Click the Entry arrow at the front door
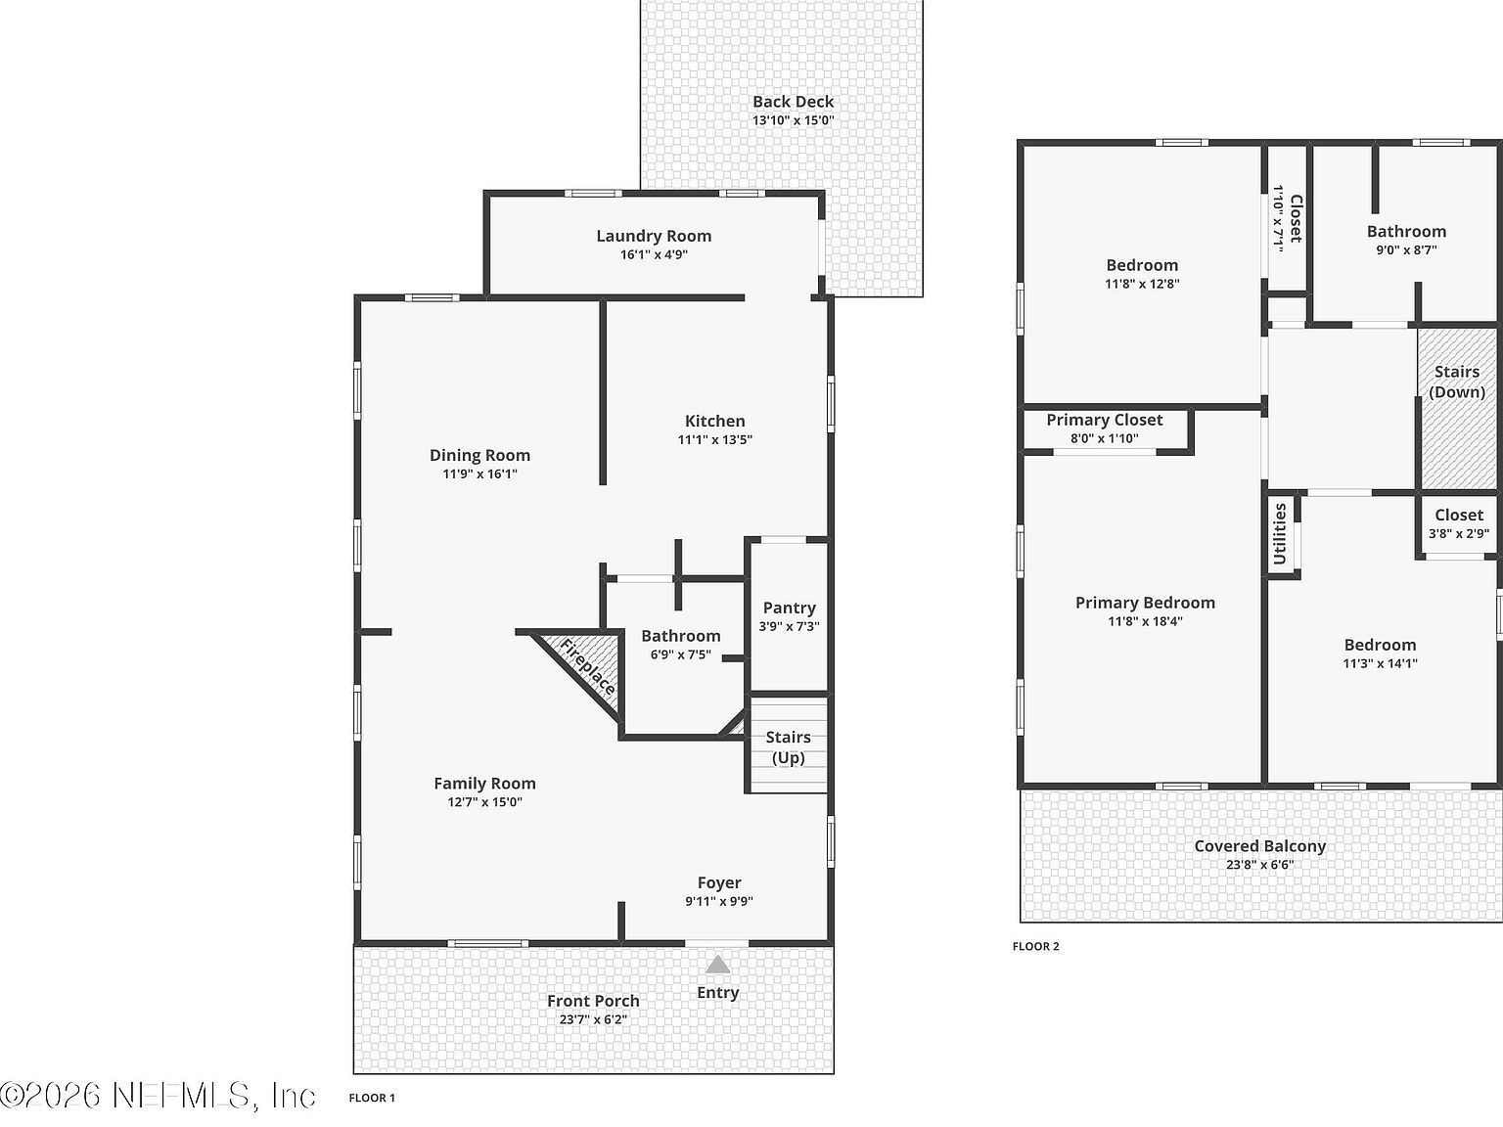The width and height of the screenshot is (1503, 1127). pyautogui.click(x=718, y=965)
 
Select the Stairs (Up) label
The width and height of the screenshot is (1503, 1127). pyautogui.click(x=788, y=747)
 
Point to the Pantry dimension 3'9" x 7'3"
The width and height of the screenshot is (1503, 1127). pyautogui.click(x=789, y=626)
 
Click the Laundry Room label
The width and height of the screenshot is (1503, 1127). pyautogui.click(x=654, y=236)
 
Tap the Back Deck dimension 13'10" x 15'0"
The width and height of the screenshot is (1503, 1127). pyautogui.click(x=793, y=120)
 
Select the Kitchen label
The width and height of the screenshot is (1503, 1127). pyautogui.click(x=714, y=421)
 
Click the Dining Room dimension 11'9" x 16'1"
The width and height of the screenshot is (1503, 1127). pyautogui.click(x=479, y=473)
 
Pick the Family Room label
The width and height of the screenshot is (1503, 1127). pyautogui.click(x=484, y=783)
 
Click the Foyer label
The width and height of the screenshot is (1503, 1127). pyautogui.click(x=719, y=882)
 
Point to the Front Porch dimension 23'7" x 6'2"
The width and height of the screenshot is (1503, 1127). pyautogui.click(x=593, y=1019)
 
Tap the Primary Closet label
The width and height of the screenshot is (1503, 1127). pyautogui.click(x=1104, y=420)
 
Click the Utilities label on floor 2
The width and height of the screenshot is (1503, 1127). pyautogui.click(x=1280, y=534)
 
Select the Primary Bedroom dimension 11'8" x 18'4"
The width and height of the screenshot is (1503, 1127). pyautogui.click(x=1145, y=621)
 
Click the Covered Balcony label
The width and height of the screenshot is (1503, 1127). pyautogui.click(x=1259, y=846)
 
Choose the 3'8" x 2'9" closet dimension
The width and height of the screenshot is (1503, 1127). pyautogui.click(x=1458, y=533)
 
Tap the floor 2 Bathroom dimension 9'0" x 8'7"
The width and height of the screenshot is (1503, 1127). pyautogui.click(x=1406, y=249)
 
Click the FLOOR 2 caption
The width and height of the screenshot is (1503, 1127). pyautogui.click(x=1035, y=946)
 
